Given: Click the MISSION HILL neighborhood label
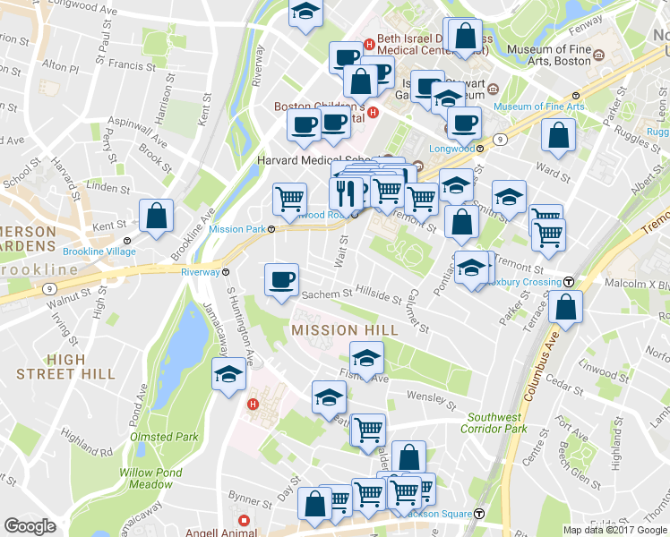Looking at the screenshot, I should (344, 330).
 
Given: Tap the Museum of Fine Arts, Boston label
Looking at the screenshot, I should (548, 55).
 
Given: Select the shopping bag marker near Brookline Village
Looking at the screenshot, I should (156, 217).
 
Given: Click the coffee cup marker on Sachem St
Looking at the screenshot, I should (281, 280).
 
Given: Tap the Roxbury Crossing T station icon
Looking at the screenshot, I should (568, 282).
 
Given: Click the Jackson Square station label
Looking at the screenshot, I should (439, 514).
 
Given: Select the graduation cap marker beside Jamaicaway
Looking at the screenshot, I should (228, 377).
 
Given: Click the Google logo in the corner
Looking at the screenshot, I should (30, 526).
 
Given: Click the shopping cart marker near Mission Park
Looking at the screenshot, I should (289, 199).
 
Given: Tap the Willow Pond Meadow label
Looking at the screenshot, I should (150, 478).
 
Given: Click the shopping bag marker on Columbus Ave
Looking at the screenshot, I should (567, 307).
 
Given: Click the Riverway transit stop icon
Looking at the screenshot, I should (226, 272).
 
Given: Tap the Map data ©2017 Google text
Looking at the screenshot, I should (614, 530).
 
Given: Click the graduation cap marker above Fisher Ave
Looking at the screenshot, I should (365, 358).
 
